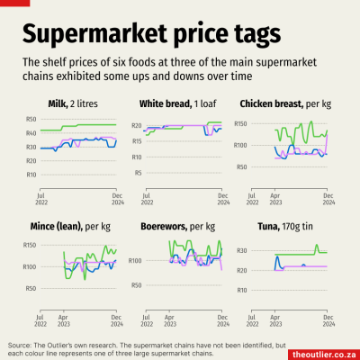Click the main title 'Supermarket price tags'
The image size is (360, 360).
(150, 33)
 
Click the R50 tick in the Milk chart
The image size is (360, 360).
(31, 120)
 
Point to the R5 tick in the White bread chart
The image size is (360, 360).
(138, 173)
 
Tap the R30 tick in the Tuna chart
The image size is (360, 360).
(242, 250)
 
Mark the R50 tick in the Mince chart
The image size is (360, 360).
(31, 288)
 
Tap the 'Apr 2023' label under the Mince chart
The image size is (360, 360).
(64, 319)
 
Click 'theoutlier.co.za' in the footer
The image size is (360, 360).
(322, 353)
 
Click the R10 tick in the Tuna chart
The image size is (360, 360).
(242, 291)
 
